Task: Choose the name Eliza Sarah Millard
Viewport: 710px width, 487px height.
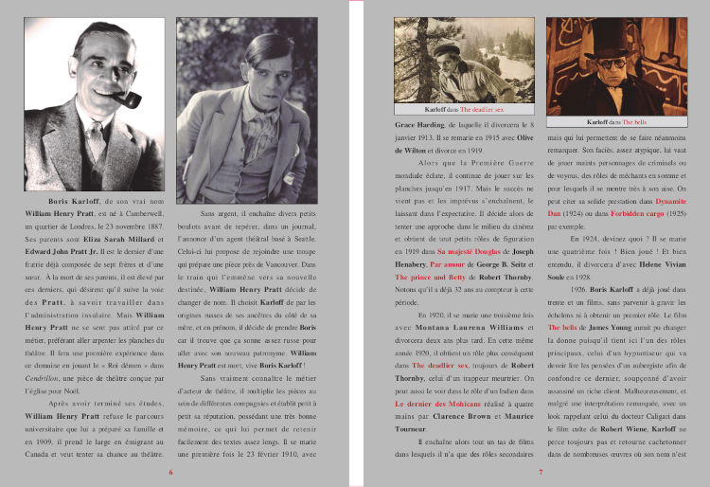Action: coord(100,239)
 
